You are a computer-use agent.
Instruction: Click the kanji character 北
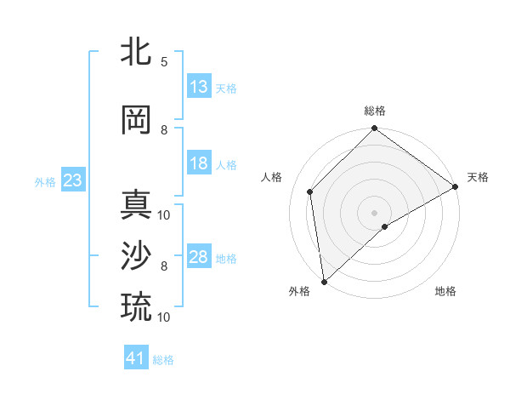click(136, 53)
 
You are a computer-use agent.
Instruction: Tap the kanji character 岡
click(136, 120)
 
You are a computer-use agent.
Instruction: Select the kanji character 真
click(136, 205)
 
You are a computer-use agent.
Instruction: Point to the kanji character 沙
click(136, 256)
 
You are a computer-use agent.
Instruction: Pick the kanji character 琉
click(136, 307)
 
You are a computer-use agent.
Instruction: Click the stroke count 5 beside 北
click(164, 62)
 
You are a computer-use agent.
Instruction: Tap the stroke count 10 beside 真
click(164, 214)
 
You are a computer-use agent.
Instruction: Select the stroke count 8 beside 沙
click(164, 266)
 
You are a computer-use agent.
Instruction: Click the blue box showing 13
click(199, 87)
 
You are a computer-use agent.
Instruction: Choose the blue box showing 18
click(199, 163)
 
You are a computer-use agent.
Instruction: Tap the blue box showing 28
click(199, 257)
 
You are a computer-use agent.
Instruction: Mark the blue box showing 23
click(72, 180)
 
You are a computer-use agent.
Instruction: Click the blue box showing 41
click(136, 358)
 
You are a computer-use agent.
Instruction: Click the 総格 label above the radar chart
click(374, 111)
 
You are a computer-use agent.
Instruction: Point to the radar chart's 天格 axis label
click(478, 177)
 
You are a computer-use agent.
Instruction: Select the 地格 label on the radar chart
click(445, 291)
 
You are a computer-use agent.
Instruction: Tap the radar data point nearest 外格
click(324, 281)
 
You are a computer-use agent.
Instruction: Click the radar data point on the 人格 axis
click(310, 191)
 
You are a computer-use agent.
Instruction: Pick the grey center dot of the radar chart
click(374, 212)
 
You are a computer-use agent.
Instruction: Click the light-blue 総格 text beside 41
click(163, 360)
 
